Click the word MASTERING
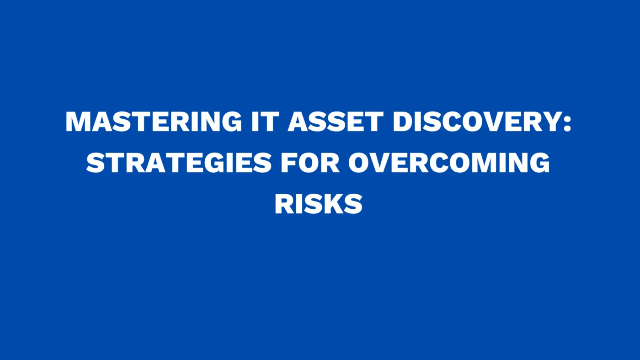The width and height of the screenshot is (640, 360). pyautogui.click(x=154, y=122)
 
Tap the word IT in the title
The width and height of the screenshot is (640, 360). pyautogui.click(x=266, y=122)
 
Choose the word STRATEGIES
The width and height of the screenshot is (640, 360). pyautogui.click(x=179, y=163)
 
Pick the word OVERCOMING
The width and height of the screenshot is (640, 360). pyautogui.click(x=449, y=163)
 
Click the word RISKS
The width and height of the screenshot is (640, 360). pyautogui.click(x=319, y=204)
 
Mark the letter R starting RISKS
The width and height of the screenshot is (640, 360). pyautogui.click(x=284, y=204)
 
